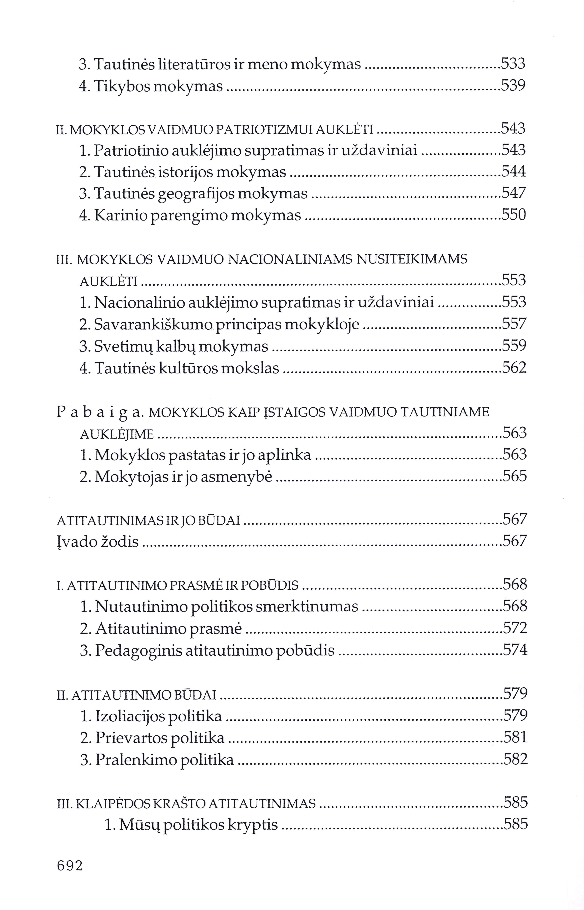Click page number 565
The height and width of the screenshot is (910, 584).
pyautogui.click(x=515, y=476)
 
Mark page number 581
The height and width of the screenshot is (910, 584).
pyautogui.click(x=515, y=737)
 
